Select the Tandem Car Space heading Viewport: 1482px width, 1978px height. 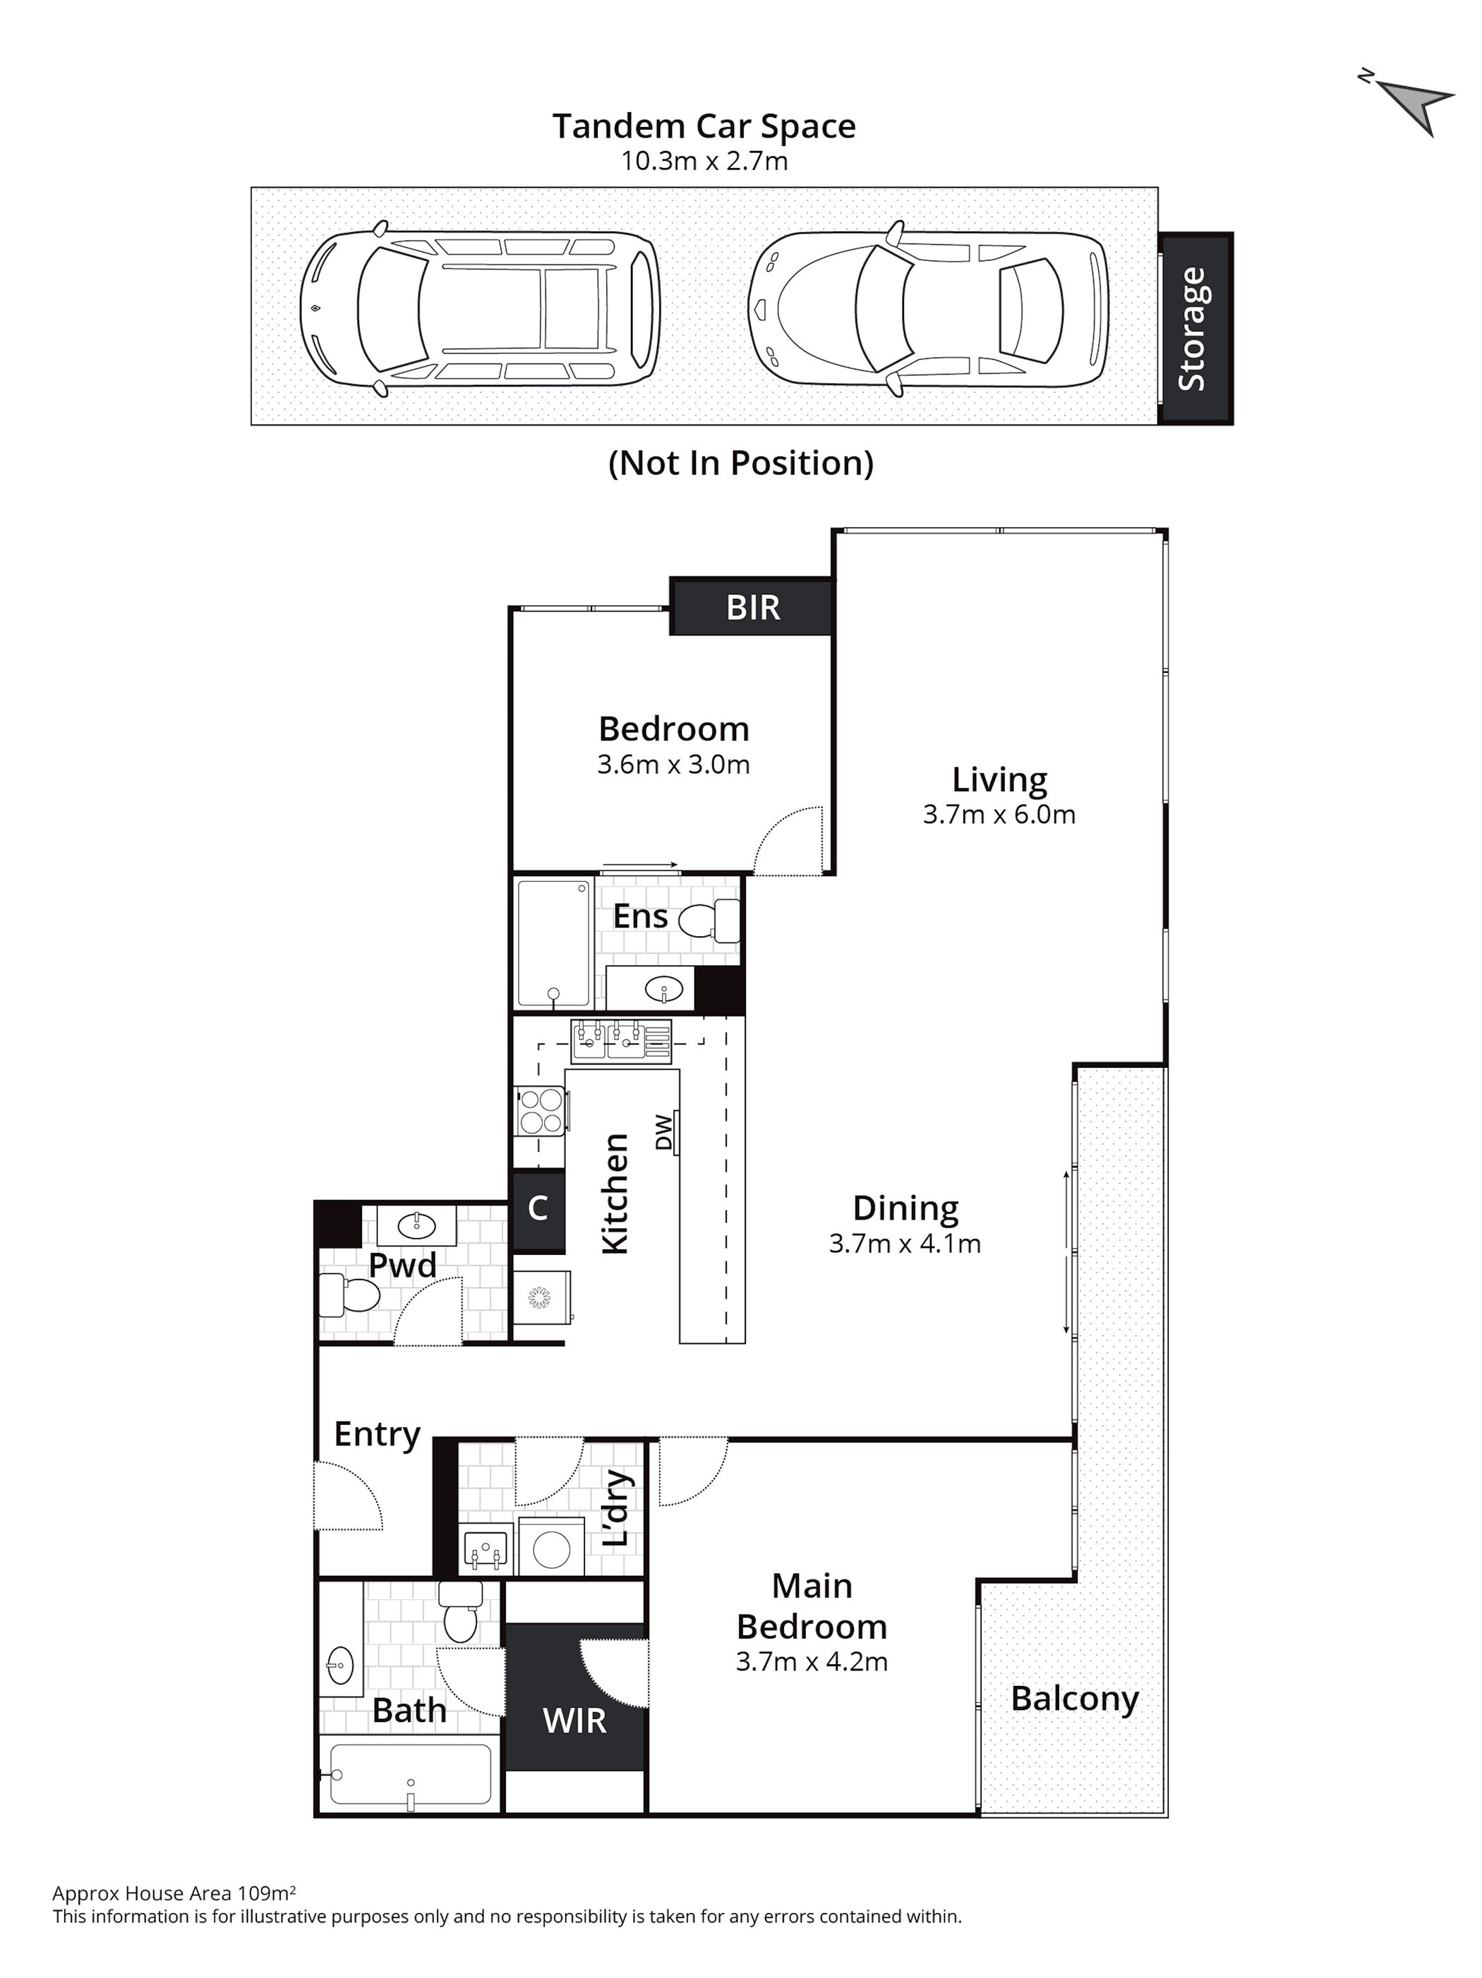(x=704, y=127)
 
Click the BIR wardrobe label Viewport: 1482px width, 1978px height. (x=753, y=608)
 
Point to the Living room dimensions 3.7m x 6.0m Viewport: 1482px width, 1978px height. (x=999, y=815)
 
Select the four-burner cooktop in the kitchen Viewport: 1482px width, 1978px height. (x=539, y=1110)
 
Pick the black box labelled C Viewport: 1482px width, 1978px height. (x=538, y=1211)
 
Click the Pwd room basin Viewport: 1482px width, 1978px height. (x=416, y=1222)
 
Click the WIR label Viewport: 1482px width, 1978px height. (x=574, y=1720)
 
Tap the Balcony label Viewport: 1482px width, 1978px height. (x=1074, y=1699)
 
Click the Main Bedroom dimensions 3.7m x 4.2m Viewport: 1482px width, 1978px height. (x=811, y=1661)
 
